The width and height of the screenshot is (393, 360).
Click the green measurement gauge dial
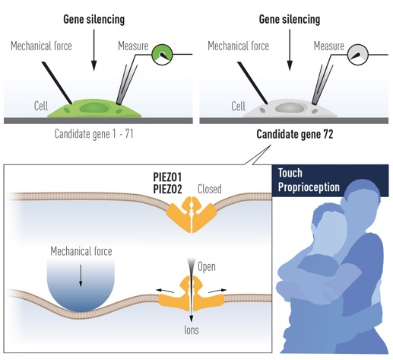(x=162, y=54)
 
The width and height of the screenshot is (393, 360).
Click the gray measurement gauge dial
(x=357, y=54)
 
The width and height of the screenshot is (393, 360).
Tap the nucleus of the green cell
(x=94, y=107)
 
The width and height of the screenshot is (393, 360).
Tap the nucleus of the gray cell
(x=290, y=107)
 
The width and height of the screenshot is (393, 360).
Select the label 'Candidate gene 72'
(x=295, y=134)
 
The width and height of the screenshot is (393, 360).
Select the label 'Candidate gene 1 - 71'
(x=93, y=134)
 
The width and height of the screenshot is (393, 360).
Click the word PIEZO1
(x=167, y=177)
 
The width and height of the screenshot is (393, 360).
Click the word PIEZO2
(x=167, y=189)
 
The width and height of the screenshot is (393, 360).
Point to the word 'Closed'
(x=210, y=189)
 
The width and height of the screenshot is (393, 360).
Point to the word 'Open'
(x=207, y=267)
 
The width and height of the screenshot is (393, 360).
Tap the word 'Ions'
(x=192, y=330)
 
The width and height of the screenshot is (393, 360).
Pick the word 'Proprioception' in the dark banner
(x=309, y=187)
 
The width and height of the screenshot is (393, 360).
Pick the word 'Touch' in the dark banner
(x=290, y=173)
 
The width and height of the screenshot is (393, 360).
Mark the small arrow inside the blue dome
(x=81, y=276)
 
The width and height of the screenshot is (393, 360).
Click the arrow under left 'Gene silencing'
(x=94, y=50)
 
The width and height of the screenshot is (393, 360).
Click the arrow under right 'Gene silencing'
(x=290, y=50)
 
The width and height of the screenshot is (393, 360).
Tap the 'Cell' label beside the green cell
(x=41, y=106)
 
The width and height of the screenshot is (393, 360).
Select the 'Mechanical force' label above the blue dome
(x=81, y=251)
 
